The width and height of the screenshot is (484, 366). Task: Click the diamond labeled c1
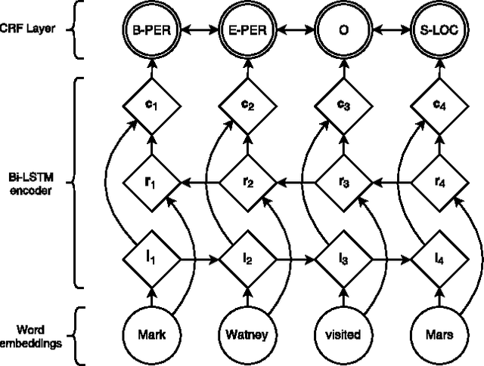pyautogui.click(x=152, y=105)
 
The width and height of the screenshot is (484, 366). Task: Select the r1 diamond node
pyautogui.click(x=152, y=182)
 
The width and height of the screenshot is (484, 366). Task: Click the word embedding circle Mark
pyautogui.click(x=152, y=332)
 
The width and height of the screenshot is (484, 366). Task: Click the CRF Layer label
pyautogui.click(x=29, y=31)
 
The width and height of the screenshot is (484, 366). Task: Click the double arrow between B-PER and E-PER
pyautogui.click(x=200, y=32)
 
